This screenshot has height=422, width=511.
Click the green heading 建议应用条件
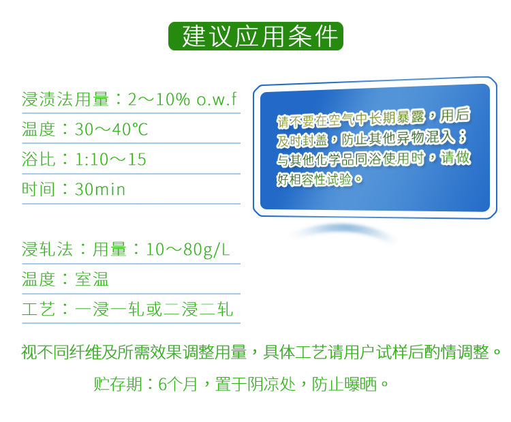pos(259,36)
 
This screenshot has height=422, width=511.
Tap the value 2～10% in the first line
pos(159,99)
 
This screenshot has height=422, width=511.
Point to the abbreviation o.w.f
pos(217,99)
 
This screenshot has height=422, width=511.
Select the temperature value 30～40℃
pos(111,129)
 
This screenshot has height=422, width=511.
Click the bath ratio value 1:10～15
pos(110,159)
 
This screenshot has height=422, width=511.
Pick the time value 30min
pos(100,189)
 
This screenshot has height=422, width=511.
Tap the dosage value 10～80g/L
pos(188,250)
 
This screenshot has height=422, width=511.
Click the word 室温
pos(91,279)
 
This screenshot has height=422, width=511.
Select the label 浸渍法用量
pos(65,99)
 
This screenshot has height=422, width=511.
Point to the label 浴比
pos(38,159)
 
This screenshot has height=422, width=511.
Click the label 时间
pos(38,189)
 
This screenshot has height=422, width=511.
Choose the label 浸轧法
pos(47,250)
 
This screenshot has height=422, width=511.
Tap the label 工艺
pos(38,309)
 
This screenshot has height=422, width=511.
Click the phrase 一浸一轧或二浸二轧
pos(154,309)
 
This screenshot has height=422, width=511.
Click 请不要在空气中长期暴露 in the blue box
pos(352,119)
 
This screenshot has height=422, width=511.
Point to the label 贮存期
pos(118,384)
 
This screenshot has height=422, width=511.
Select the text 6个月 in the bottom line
pos(178,384)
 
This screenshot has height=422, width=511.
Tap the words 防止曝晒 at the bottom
pos(345,384)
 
